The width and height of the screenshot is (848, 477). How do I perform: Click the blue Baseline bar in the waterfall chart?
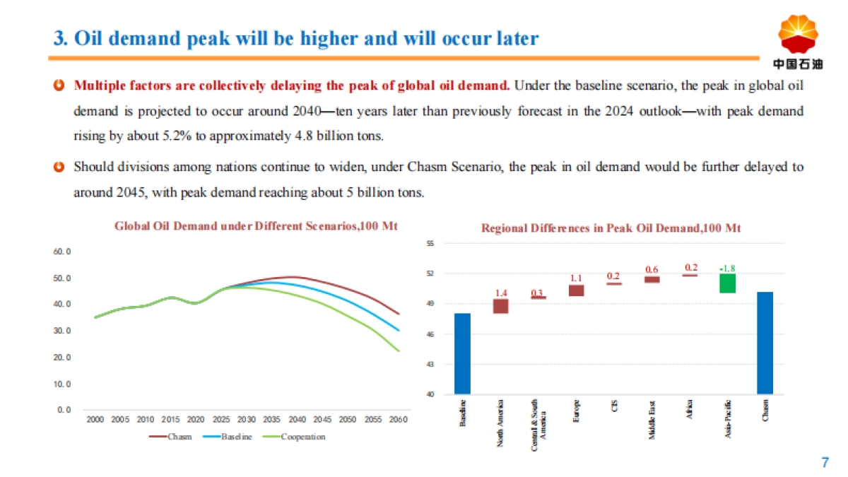click(462, 353)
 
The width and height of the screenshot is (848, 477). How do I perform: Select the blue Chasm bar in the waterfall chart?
click(765, 343)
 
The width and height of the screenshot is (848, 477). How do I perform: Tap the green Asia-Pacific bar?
click(727, 283)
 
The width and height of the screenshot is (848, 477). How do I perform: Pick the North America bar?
click(501, 306)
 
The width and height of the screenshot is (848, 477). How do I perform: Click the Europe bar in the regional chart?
click(577, 290)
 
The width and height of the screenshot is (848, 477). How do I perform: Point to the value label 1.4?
click(501, 293)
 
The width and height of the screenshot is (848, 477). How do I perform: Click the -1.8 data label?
click(727, 269)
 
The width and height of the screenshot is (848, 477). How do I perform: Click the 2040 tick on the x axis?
click(297, 419)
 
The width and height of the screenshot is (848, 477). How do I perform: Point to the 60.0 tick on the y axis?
click(63, 252)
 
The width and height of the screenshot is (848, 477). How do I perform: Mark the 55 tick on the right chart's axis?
click(430, 243)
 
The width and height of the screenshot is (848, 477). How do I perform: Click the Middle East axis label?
click(652, 420)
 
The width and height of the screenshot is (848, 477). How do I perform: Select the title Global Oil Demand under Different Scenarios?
click(256, 226)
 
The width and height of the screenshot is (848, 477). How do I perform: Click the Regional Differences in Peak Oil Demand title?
click(611, 228)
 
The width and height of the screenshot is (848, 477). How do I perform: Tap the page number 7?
click(824, 463)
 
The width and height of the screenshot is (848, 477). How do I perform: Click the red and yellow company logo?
click(798, 35)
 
